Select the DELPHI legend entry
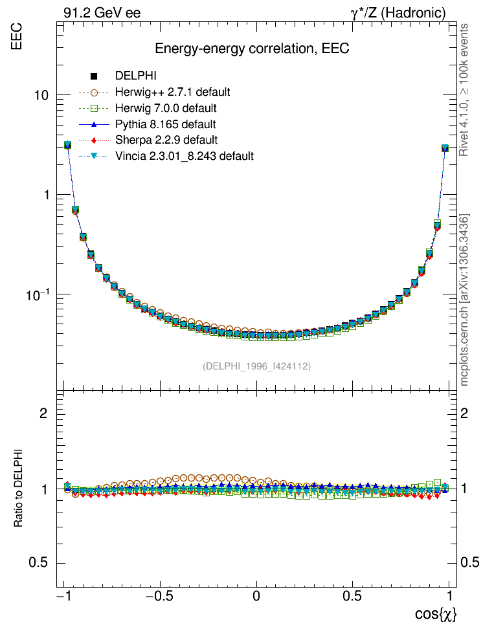(136, 76)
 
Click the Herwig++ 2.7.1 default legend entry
(172, 92)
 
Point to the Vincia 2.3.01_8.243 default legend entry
(184, 156)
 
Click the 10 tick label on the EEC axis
(43, 95)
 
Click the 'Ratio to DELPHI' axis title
(19, 486)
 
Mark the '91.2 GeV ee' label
(102, 13)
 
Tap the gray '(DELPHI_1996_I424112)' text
(256, 366)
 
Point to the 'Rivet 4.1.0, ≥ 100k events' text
(464, 90)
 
